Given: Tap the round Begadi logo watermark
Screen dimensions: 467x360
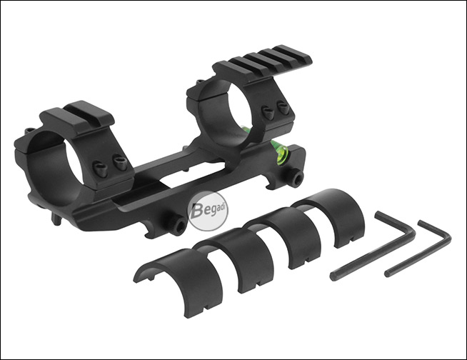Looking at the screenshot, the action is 208,211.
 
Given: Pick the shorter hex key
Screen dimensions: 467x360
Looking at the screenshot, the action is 418,249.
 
